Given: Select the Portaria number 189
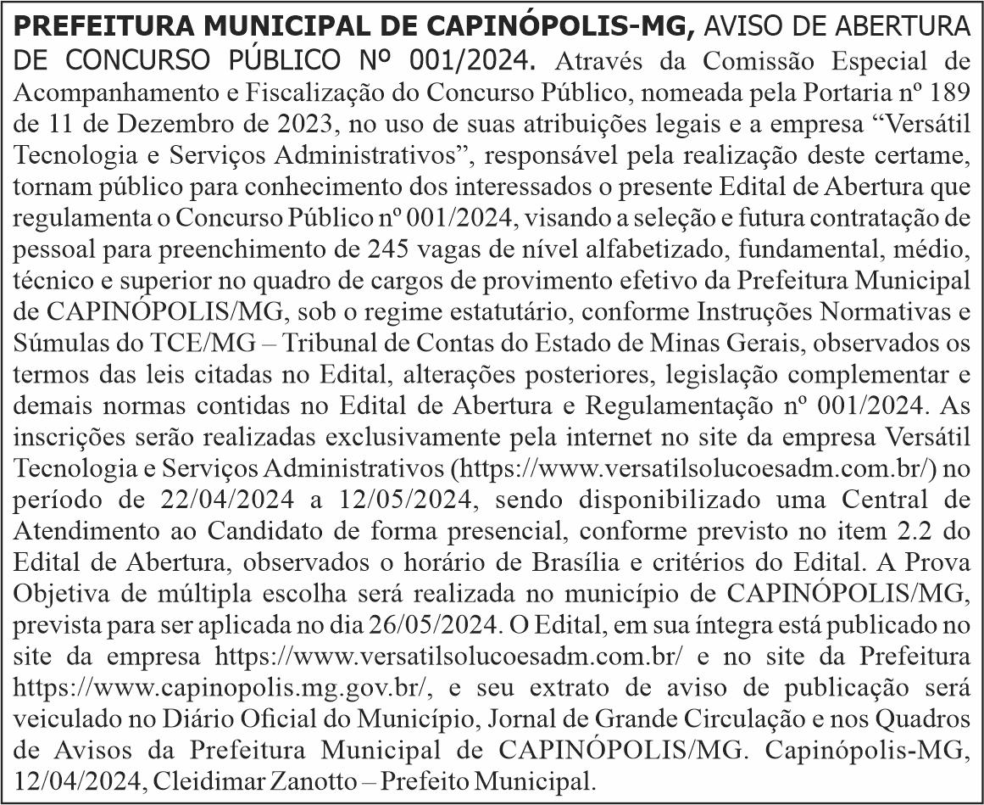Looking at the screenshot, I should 949,91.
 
